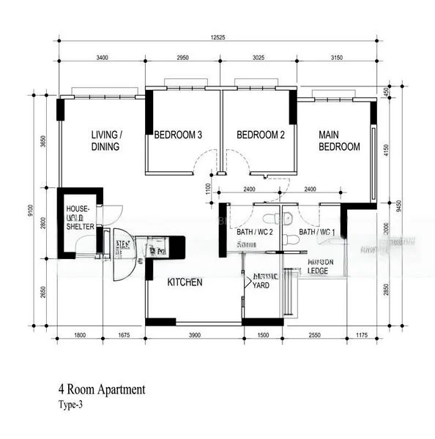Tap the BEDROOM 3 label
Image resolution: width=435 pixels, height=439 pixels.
[x=178, y=135]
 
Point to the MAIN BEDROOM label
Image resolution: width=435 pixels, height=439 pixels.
[x=339, y=140]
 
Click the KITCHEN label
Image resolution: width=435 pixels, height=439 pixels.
[x=185, y=282]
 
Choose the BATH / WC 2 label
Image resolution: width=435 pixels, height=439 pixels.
[x=255, y=233]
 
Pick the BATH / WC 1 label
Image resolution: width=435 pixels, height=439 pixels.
[x=317, y=233]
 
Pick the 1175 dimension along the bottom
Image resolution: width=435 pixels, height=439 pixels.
[x=360, y=335]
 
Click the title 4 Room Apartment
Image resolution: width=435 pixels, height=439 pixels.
[x=102, y=390]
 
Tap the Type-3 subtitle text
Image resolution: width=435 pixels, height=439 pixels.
[x=72, y=405]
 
